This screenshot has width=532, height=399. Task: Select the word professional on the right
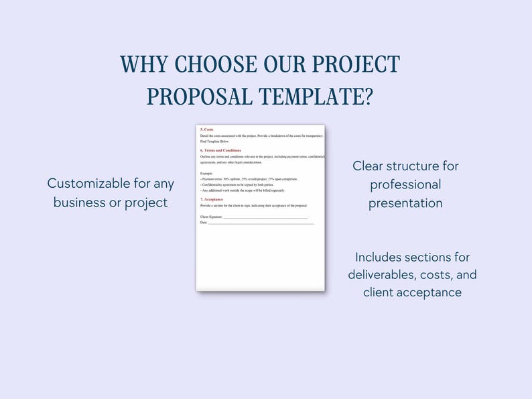click(x=405, y=184)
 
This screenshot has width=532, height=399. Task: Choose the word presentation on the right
click(x=405, y=203)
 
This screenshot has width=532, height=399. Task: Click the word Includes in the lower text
click(x=384, y=257)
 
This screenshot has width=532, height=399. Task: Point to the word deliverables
click(x=389, y=275)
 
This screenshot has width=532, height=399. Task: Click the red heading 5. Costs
click(x=207, y=129)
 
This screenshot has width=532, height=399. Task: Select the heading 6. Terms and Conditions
click(x=220, y=150)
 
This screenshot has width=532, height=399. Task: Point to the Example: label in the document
click(x=206, y=174)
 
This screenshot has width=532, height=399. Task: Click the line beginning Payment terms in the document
click(x=249, y=179)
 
